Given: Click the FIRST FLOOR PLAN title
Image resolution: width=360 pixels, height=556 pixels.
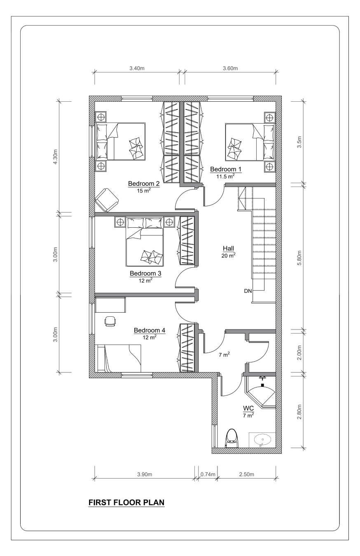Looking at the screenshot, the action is coord(126,502).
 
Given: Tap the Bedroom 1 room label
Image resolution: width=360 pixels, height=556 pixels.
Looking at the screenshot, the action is coord(226,169).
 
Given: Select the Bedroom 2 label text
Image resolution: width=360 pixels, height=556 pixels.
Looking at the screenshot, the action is coord(144,183).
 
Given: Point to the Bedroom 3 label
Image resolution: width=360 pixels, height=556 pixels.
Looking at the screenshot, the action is coord(145,273).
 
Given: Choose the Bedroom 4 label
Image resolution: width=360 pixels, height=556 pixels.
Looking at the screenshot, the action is coord(150,330).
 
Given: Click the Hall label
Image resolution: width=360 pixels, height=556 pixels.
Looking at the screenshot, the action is coord(229,248).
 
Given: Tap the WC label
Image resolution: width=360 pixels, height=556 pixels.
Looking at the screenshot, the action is coord(248,408).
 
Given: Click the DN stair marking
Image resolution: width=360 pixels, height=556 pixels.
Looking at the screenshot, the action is coord(248,291).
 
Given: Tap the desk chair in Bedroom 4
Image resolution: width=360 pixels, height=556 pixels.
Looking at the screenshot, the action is coord(110,321).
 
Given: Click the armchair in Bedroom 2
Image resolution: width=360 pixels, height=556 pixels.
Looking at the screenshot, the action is coord(107,200).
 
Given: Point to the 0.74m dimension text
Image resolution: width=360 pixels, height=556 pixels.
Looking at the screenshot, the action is coord(208,474).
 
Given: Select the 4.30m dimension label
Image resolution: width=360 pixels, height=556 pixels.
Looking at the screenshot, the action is coord(55,157).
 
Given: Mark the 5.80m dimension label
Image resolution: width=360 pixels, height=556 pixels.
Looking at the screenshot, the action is coord(299,258).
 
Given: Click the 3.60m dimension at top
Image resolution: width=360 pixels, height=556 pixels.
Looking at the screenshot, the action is coord(230,68).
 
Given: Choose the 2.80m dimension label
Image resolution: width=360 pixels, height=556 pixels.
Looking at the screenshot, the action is coord(299,412).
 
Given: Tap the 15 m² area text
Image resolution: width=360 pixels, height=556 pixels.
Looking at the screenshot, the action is coord(144,191).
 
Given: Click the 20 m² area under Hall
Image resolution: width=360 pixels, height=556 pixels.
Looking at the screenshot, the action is coord(229,255).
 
